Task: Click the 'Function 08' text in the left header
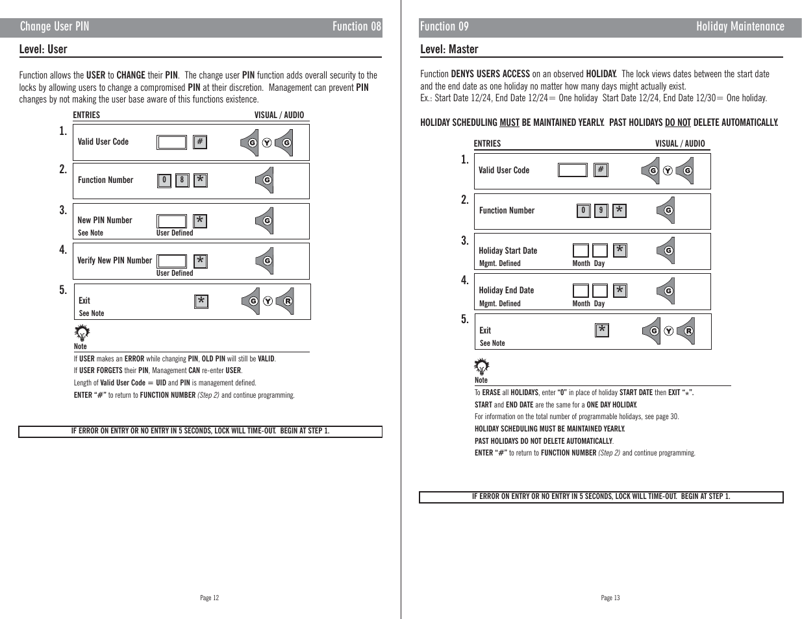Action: pos(357,27)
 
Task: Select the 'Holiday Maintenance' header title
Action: pos(740,27)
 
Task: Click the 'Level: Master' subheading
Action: pos(449,49)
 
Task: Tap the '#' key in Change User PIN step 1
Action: pos(200,141)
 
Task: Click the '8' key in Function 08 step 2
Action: pos(182,180)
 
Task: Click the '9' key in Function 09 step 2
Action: pos(601,210)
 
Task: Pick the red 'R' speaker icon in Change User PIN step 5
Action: pos(286,301)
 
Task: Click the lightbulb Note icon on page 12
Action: pos(82,334)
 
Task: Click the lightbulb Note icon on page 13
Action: pos(482,367)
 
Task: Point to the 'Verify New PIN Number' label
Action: pos(114,260)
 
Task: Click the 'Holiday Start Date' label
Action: pos(508,250)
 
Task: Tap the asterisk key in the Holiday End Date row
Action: pos(620,290)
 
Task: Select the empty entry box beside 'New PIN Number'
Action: pos(171,221)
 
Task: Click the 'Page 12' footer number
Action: pos(210,598)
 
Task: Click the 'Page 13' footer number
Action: pos(610,598)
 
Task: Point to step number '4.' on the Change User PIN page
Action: pos(63,250)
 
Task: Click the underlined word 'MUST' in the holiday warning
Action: pos(509,122)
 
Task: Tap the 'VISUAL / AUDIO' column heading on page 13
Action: pos(679,143)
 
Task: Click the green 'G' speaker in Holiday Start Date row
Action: pos(667,250)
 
